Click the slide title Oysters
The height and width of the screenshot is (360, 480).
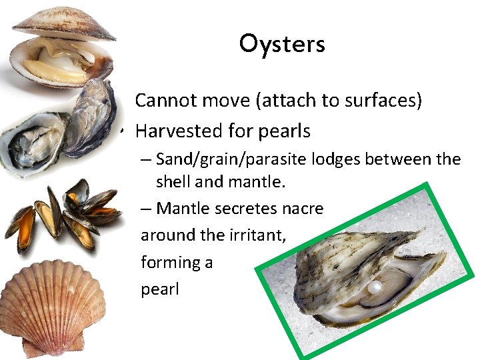tap(282, 44)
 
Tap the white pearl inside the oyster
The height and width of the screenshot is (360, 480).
tap(376, 287)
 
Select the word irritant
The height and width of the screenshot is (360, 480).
tap(256, 235)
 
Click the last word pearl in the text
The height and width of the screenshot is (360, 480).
tap(160, 290)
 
